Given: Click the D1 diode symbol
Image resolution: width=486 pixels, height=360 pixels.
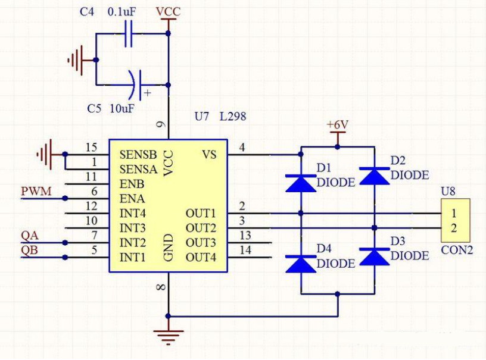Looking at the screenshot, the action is click(x=301, y=183).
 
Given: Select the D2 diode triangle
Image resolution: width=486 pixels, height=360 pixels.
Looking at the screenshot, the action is click(x=375, y=176).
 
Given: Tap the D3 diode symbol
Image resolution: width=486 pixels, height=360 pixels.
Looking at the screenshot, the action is click(x=375, y=256).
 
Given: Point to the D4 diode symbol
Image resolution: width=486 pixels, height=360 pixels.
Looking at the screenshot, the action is click(x=301, y=264).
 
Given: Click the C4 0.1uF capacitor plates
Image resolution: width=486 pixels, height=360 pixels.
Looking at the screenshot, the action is click(x=128, y=33).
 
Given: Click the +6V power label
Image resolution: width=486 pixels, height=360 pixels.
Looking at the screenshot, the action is click(x=338, y=125).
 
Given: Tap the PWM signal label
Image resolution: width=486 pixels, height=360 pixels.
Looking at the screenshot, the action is click(x=36, y=191).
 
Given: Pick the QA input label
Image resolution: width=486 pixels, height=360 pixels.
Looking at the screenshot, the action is click(x=30, y=236).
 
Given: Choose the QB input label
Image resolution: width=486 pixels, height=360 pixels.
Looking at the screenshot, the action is click(x=29, y=250).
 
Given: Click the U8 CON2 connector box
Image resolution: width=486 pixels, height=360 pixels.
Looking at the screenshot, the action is click(x=456, y=220).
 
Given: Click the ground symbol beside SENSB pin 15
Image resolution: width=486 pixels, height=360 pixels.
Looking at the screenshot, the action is click(x=44, y=154).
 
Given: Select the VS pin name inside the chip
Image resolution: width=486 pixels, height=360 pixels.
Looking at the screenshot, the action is click(x=209, y=154).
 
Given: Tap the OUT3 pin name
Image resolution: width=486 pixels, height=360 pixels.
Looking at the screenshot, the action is click(x=201, y=243).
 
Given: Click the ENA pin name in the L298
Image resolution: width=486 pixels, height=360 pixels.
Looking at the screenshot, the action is click(x=132, y=198).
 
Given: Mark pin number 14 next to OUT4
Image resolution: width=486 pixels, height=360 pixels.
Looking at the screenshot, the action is click(x=245, y=250).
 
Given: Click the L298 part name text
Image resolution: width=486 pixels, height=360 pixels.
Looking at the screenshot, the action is click(x=233, y=117).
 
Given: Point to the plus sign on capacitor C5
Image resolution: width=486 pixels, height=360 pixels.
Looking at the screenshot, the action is click(x=148, y=93).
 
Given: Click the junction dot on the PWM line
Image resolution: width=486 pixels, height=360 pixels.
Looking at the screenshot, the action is click(x=65, y=198).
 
